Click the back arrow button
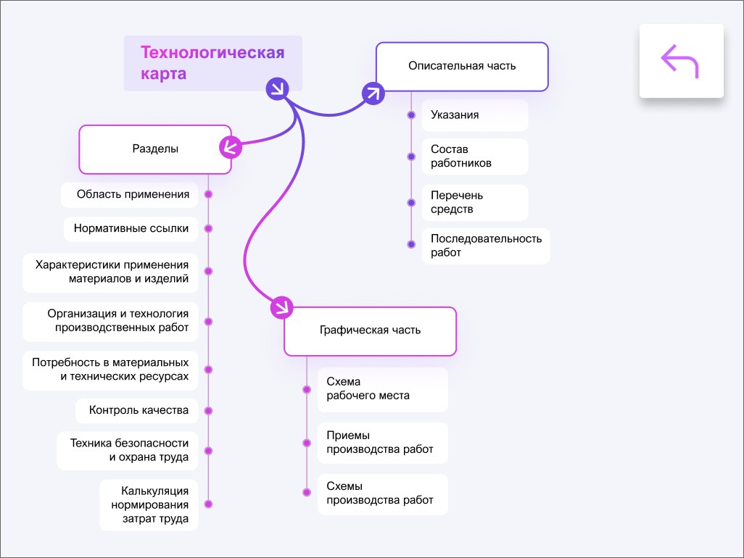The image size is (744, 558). coord(681,61)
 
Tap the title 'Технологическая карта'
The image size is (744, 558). coord(212,63)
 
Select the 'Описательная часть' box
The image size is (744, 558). coord(462,66)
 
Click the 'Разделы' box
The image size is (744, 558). coord(155,149)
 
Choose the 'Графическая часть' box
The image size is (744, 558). coord(370,330)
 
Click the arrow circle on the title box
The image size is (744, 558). coord(278,88)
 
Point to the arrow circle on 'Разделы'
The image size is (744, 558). coord(230,147)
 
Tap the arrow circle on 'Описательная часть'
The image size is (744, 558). coord(373,93)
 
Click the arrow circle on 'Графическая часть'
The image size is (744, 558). coord(281,307)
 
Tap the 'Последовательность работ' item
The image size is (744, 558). coord(485,246)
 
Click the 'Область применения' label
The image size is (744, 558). coord(133,194)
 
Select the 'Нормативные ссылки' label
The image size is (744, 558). coord(131,228)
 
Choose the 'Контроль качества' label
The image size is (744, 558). coord(139,410)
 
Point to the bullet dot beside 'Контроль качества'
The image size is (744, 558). coord(209,410)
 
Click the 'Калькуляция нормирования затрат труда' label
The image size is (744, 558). coord(149,504)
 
